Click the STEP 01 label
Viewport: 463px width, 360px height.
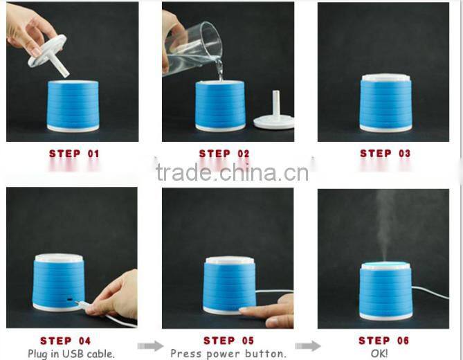74,154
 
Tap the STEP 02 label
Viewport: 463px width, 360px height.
224,154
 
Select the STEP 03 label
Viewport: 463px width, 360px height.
385,153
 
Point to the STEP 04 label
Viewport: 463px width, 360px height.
65,341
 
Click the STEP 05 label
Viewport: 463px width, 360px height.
228,341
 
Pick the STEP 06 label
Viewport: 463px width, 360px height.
384,341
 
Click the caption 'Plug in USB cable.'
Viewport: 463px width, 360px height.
71,354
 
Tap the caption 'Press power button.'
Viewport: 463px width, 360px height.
228,354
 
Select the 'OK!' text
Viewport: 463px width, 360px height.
379,353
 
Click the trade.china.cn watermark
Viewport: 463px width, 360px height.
232,173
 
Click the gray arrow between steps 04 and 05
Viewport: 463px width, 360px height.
151,346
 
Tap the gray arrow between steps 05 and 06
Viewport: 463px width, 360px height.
308,346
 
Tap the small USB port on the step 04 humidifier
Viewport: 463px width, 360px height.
70,299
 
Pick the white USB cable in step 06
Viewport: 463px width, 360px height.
430,291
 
